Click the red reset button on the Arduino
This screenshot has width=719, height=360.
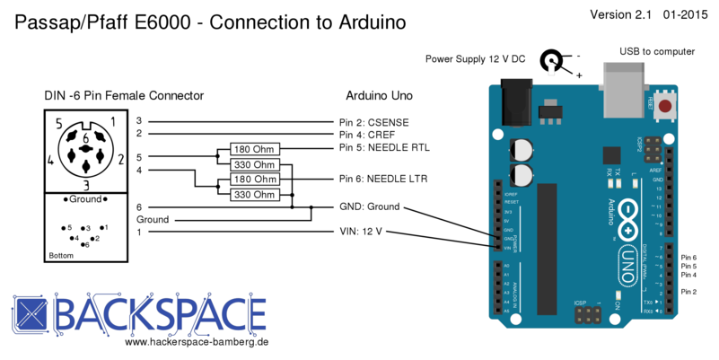click(x=665, y=108)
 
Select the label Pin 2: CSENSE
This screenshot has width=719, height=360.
click(x=373, y=120)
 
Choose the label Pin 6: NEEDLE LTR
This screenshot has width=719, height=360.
click(x=382, y=179)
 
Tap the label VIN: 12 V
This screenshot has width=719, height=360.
click(x=360, y=232)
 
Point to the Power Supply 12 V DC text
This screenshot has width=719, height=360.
click(x=475, y=59)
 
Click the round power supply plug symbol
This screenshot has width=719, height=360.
click(x=550, y=61)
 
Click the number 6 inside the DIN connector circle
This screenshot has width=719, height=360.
click(x=85, y=138)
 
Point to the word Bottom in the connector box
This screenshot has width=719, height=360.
click(x=61, y=256)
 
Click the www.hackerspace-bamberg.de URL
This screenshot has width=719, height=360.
click(x=197, y=342)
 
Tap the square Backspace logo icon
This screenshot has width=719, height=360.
click(x=31, y=314)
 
